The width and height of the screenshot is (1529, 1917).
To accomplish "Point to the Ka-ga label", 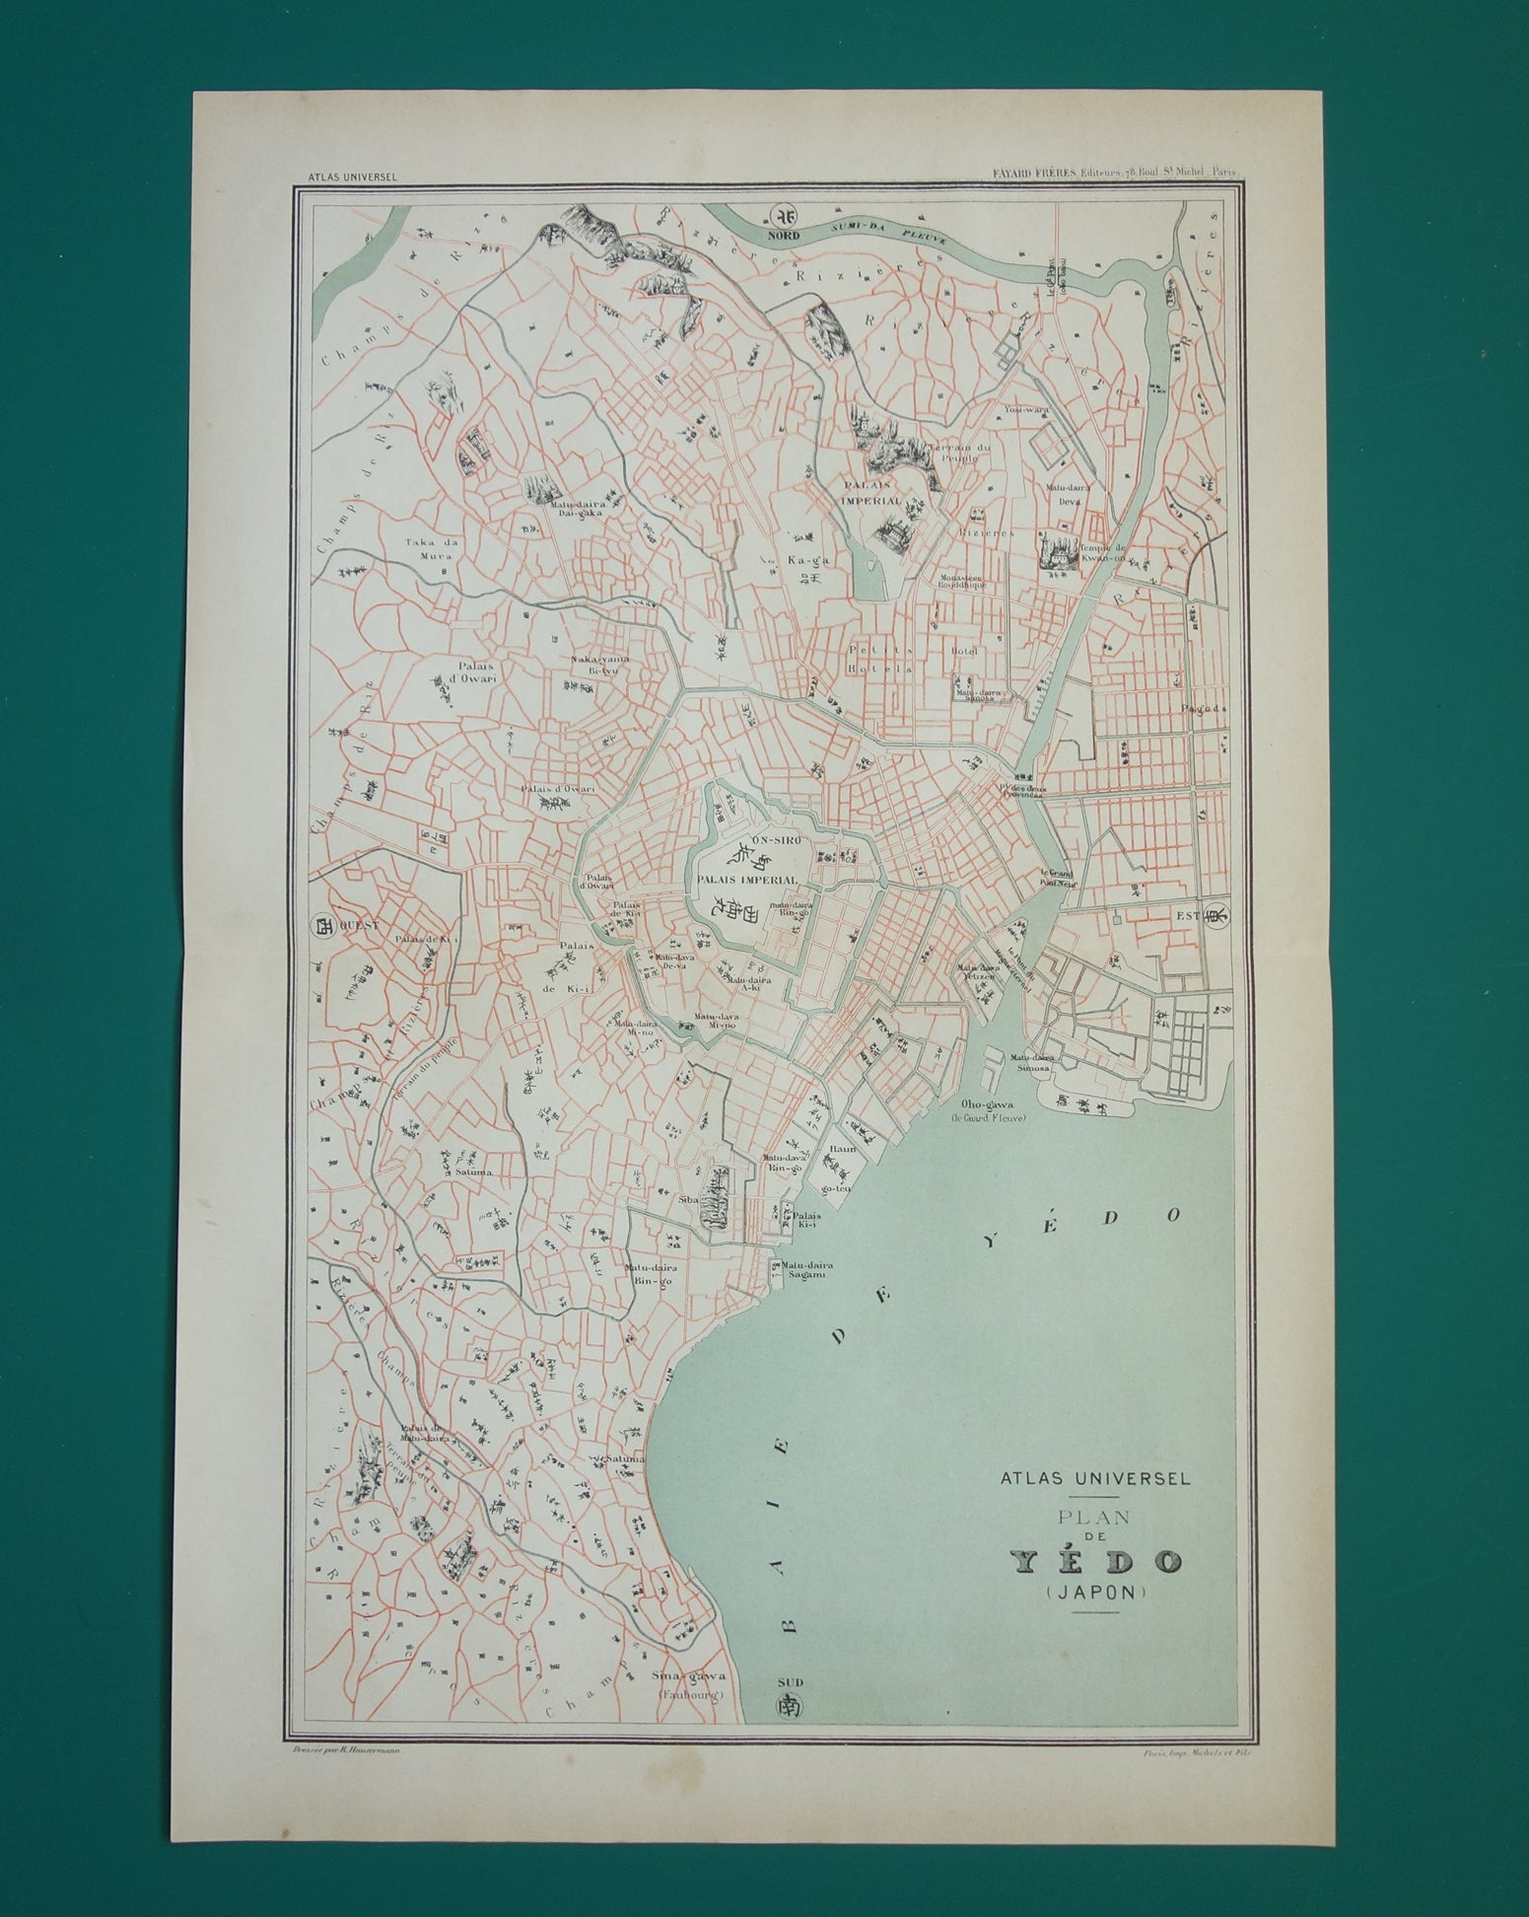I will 799,559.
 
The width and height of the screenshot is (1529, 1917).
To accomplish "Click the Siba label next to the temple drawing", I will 688,1201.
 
